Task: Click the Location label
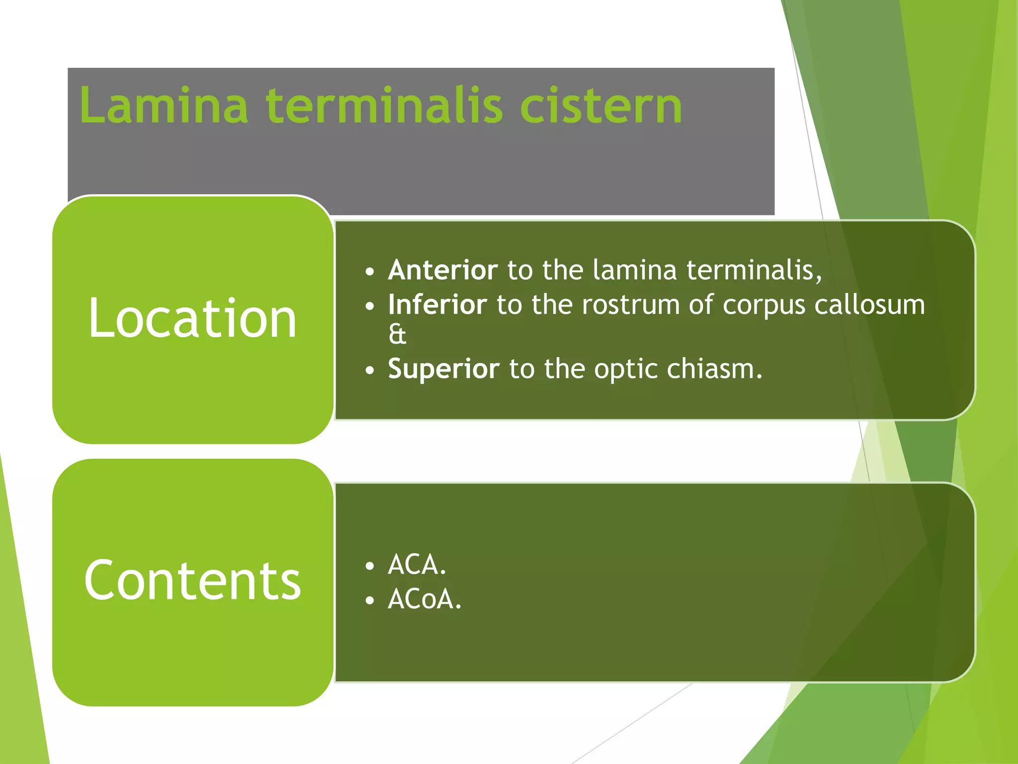pos(193,319)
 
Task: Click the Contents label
pos(193,580)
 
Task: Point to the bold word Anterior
pos(442,270)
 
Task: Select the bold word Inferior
pos(437,304)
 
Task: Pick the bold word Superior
pos(443,369)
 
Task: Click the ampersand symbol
pos(397,334)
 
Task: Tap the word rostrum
pos(631,304)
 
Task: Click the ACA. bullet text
pos(417,565)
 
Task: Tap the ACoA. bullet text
pos(424,599)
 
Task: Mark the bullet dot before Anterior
pos(369,272)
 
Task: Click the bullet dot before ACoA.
pos(369,601)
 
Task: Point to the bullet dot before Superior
pos(369,371)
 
